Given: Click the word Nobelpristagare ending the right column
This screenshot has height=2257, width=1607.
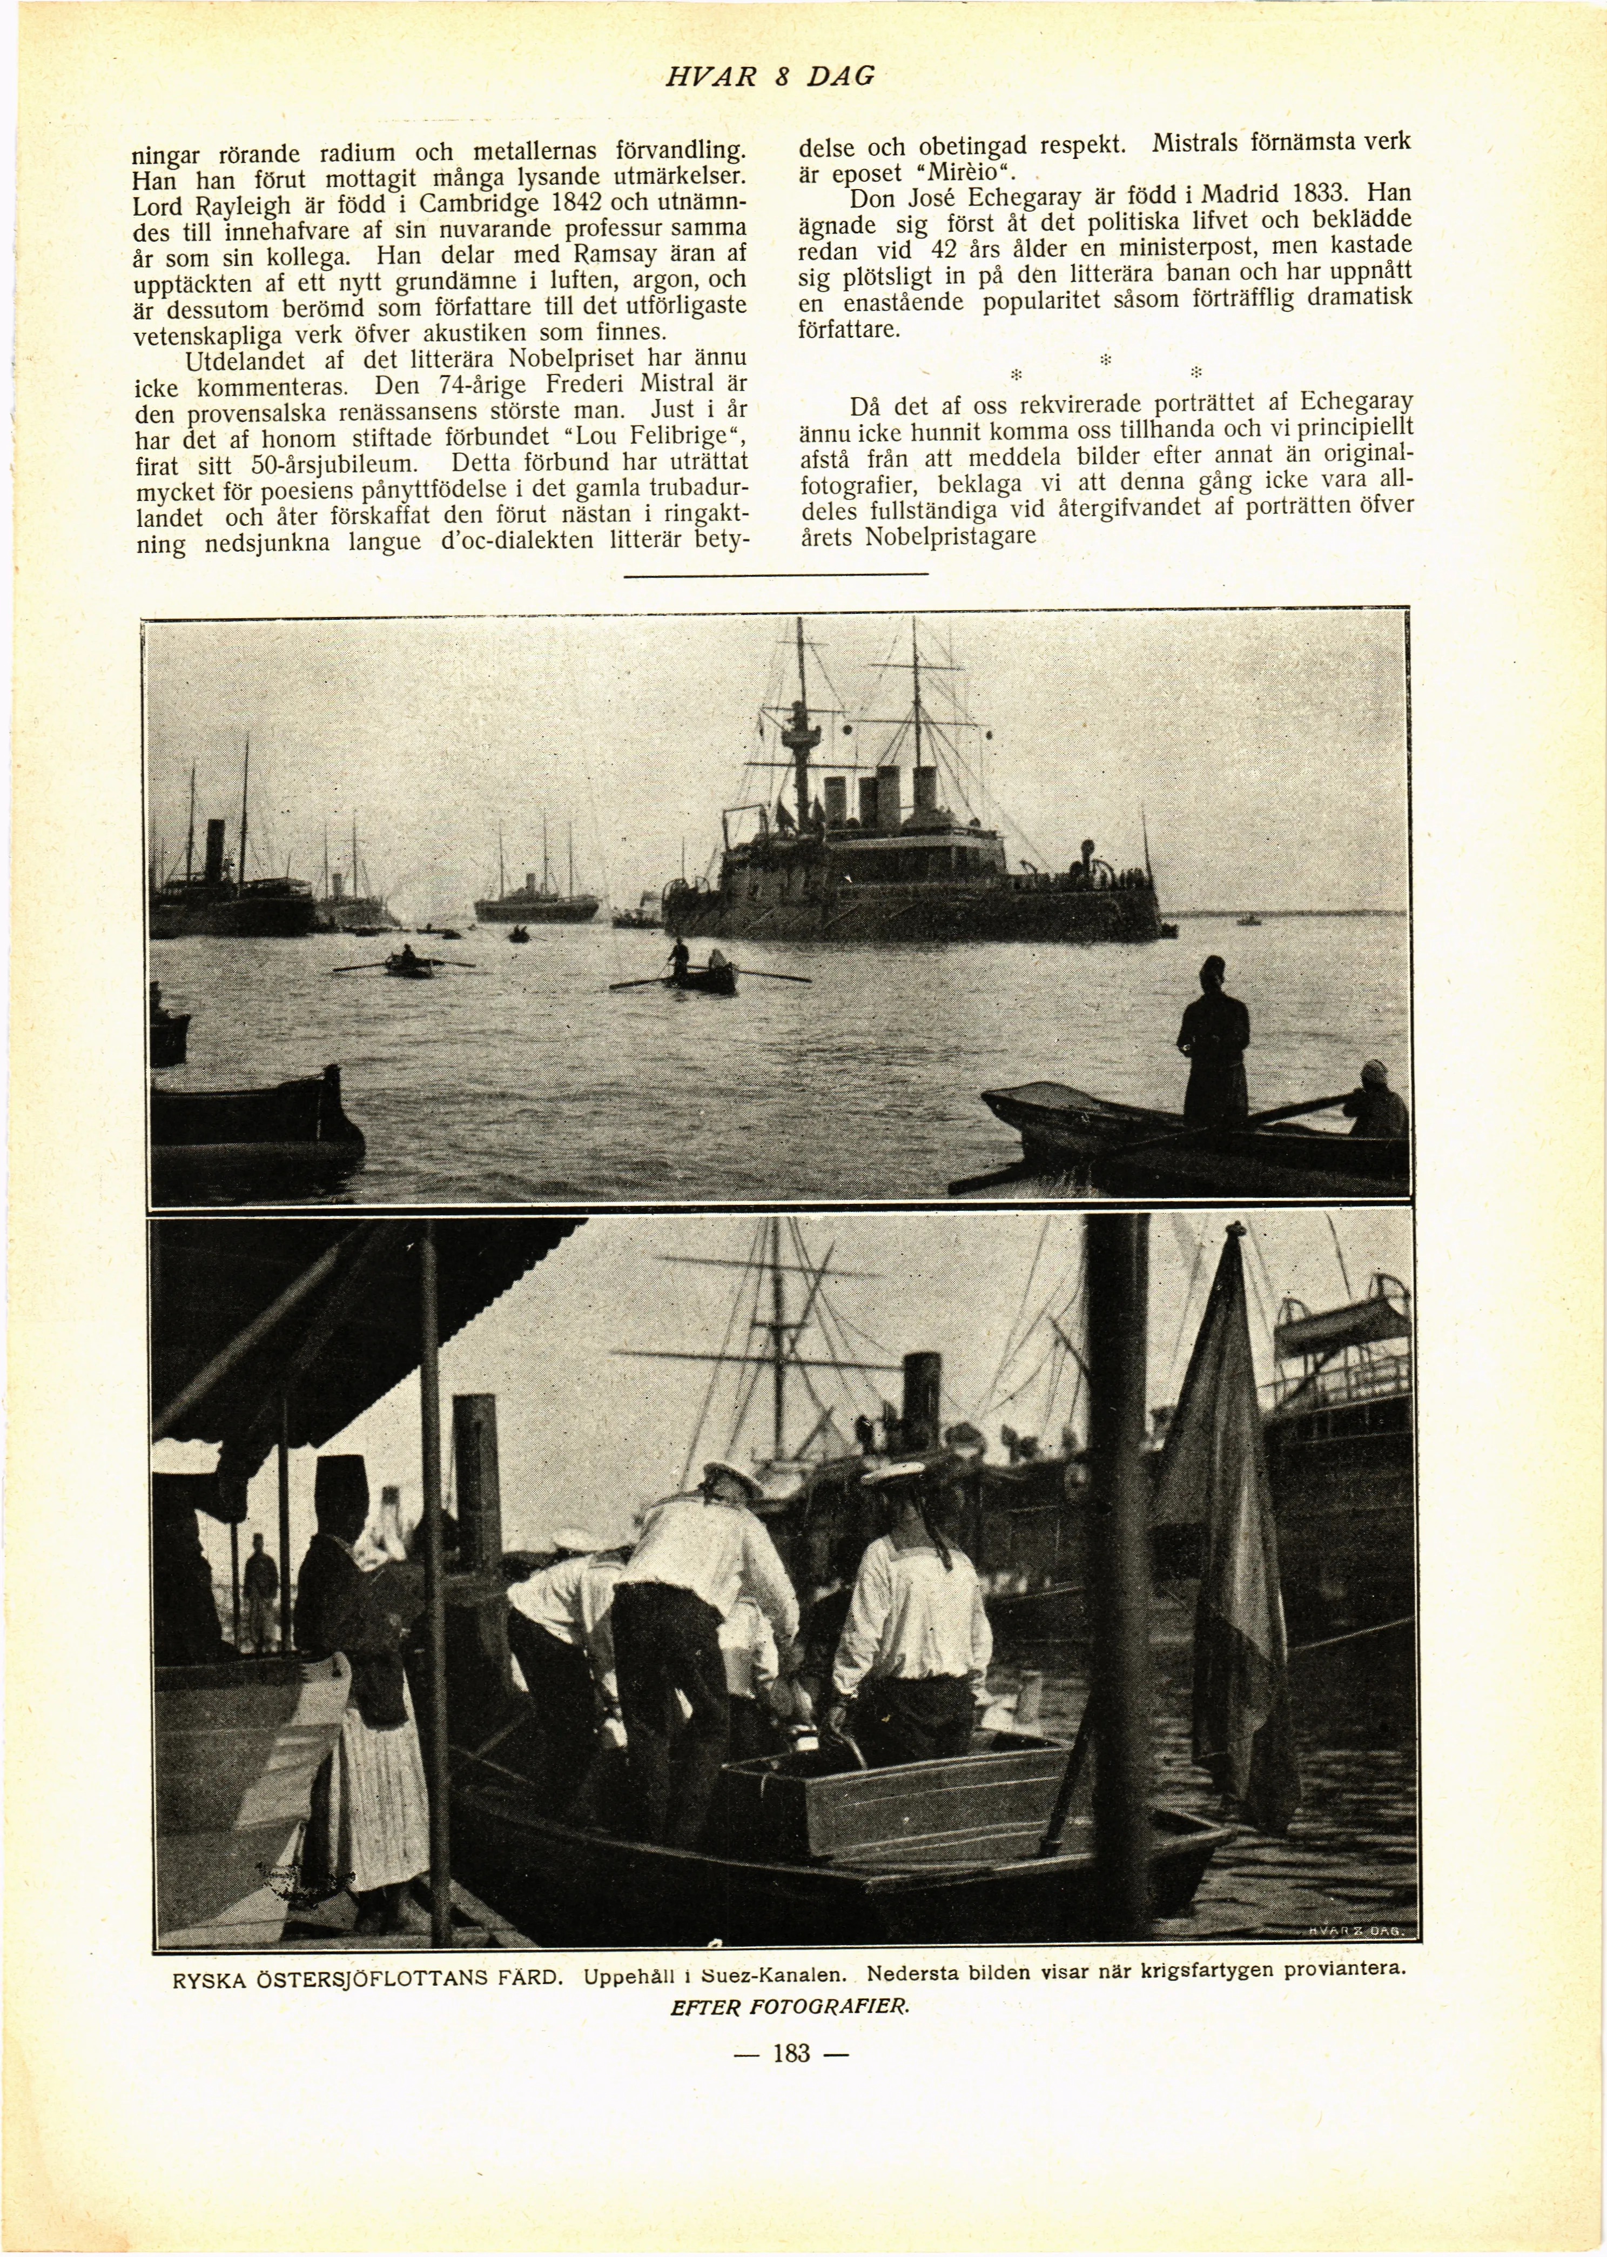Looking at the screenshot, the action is pos(950,538).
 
